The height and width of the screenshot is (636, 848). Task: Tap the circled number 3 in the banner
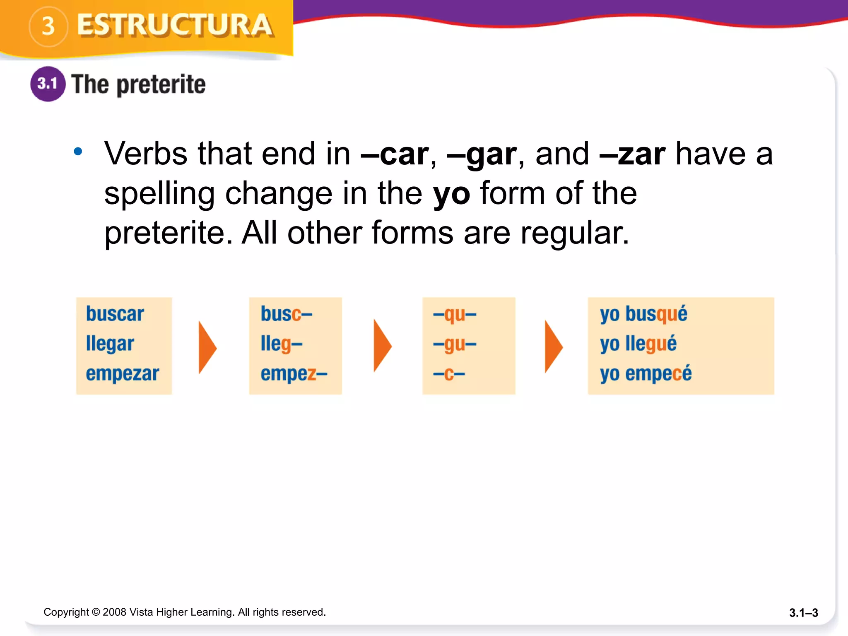pos(48,26)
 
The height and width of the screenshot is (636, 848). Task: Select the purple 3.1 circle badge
pos(48,84)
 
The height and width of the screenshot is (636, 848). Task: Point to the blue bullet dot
pos(78,152)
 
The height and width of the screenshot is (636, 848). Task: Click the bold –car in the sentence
pos(395,154)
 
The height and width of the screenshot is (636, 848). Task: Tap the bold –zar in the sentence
pos(632,154)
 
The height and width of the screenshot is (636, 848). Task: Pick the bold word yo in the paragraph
pos(451,194)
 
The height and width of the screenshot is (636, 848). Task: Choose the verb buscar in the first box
pos(115,314)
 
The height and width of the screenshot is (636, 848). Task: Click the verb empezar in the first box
pos(122,373)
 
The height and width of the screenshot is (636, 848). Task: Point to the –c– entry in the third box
pos(449,374)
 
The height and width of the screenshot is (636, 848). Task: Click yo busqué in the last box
pos(643,314)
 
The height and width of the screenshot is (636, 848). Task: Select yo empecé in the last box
pos(646,373)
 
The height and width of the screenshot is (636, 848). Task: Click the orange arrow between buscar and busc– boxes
pos(207,347)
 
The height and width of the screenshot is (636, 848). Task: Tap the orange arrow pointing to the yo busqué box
pos(553,347)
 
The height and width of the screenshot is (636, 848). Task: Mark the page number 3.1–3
pos(803,613)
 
